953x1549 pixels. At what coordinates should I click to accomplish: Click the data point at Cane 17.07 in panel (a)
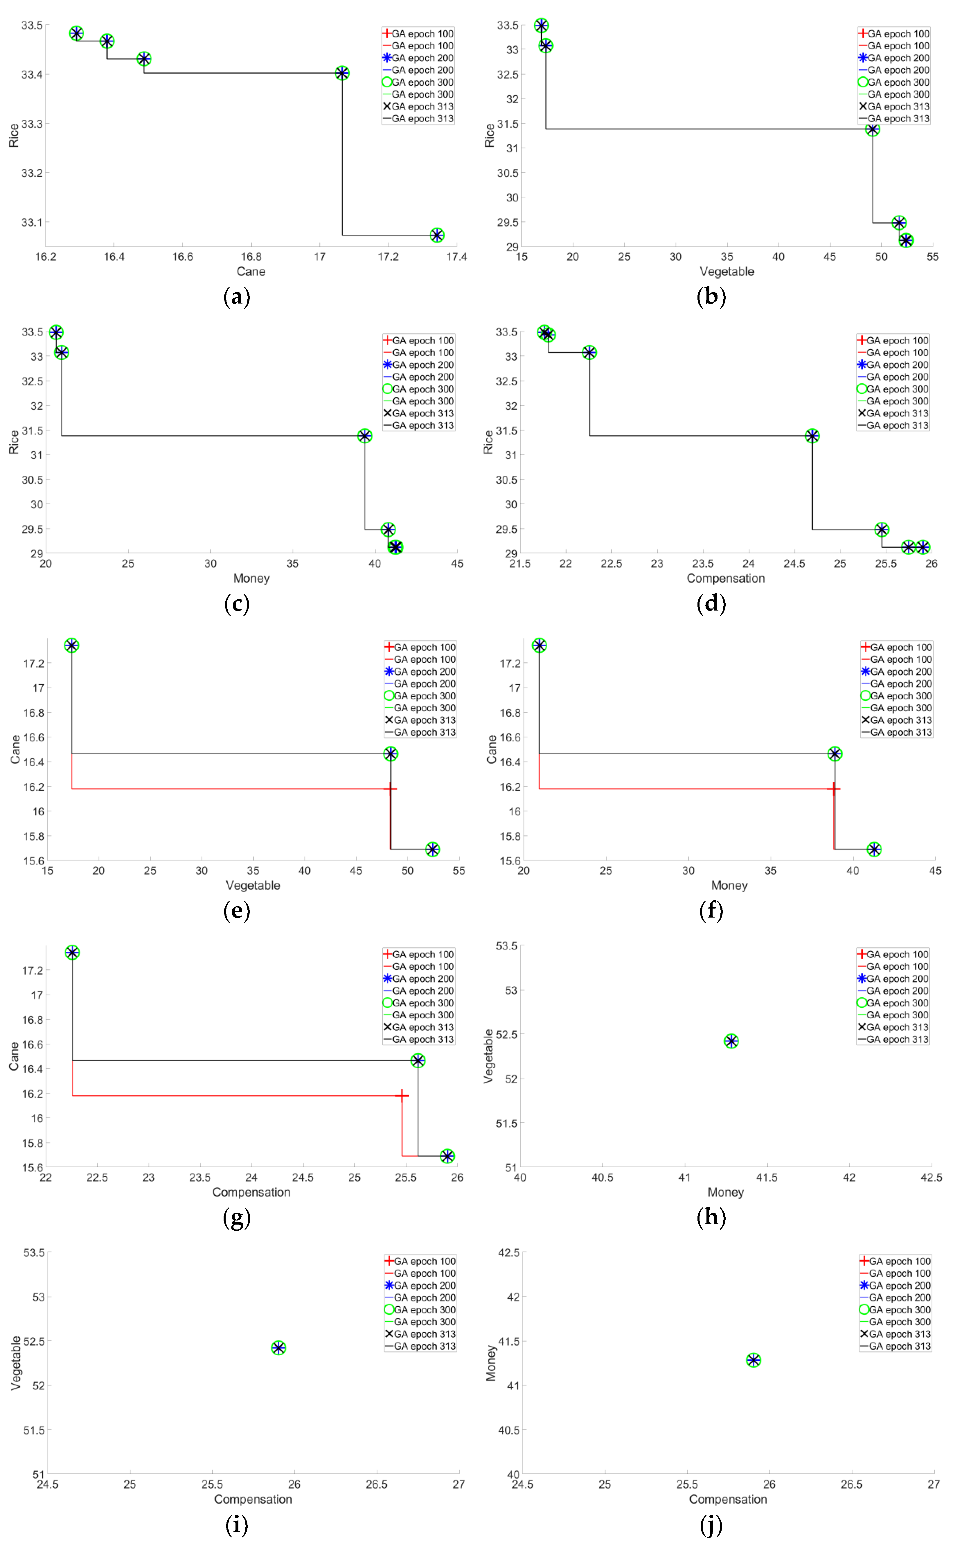coord(341,73)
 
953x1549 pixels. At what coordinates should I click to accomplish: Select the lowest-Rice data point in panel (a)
coord(436,235)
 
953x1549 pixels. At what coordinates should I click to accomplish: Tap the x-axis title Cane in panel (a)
coord(251,272)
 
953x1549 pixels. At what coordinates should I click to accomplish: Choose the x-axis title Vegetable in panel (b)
coord(727,272)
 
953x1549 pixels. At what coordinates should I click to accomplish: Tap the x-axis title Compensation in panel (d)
coord(725,579)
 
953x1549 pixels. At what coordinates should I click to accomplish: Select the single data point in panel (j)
coord(753,1360)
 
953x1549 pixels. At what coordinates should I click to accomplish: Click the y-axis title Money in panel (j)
coord(490,1363)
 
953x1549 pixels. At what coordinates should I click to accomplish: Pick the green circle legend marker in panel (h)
coord(862,1003)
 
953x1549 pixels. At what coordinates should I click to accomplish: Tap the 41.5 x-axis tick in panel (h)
coord(767,1178)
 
